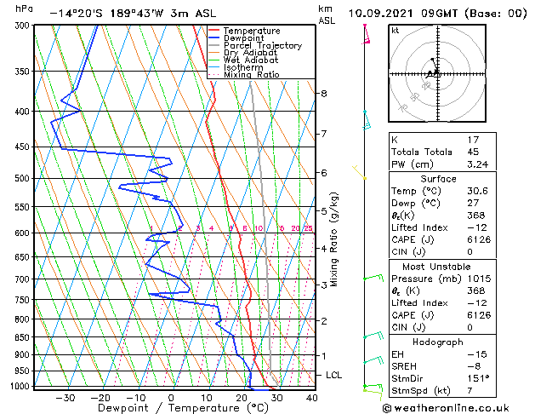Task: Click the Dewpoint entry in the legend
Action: tap(245, 38)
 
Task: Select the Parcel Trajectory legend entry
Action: tap(262, 46)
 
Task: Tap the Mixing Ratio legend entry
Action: tap(251, 75)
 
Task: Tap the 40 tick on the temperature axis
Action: tap(311, 397)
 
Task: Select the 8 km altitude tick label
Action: tap(324, 93)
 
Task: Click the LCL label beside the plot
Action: tap(335, 375)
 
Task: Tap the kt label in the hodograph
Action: tap(396, 31)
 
